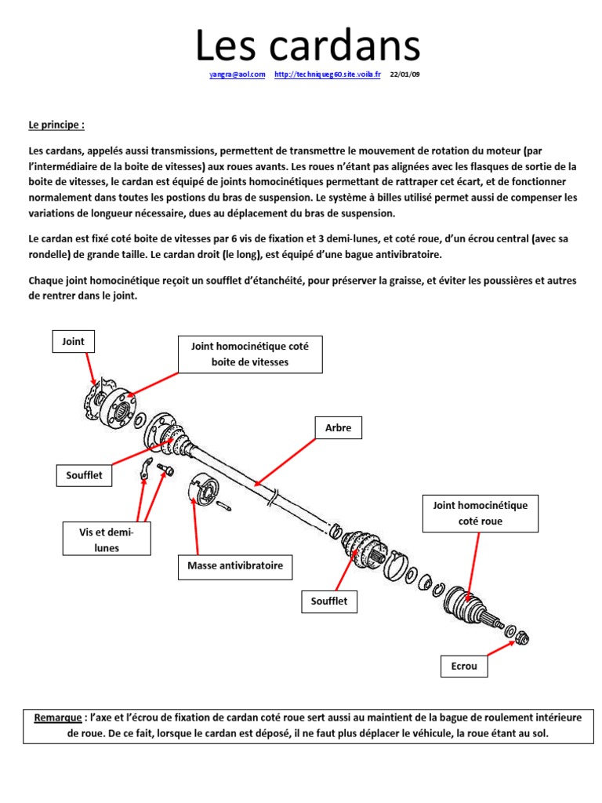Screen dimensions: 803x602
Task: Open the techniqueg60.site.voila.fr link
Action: pos(328,75)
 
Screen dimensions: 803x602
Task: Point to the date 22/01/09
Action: pos(404,75)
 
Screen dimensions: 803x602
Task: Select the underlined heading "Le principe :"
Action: pos(56,124)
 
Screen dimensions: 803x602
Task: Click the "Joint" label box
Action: pos(73,342)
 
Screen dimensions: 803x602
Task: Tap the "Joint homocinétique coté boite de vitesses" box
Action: pos(250,354)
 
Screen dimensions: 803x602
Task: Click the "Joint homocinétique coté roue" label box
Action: pos(480,513)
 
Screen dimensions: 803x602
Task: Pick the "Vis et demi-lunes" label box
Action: pos(107,540)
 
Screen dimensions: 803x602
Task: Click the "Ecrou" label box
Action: pos(463,667)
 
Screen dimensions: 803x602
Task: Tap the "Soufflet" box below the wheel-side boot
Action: pos(329,601)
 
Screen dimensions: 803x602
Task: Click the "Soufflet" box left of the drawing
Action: pos(84,475)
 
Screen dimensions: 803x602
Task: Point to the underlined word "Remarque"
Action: pos(58,718)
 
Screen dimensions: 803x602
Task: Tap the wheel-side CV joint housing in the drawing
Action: pos(462,605)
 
